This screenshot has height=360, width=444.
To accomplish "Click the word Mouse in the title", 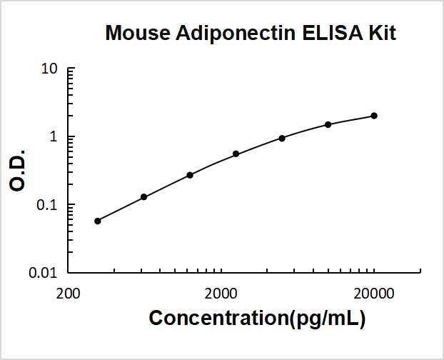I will (x=137, y=33).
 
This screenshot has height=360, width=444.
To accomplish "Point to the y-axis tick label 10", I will (x=49, y=69).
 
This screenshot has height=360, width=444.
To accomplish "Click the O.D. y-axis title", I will (x=19, y=170).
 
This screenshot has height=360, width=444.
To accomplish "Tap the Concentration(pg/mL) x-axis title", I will (x=257, y=319).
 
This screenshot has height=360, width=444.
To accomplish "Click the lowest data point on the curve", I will (x=98, y=221).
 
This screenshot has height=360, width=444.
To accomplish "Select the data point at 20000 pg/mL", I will (x=374, y=116).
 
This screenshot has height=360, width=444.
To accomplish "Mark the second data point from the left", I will (x=143, y=196).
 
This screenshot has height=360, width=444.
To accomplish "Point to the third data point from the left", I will (x=190, y=175).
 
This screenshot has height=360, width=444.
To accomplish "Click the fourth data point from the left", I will (x=236, y=154).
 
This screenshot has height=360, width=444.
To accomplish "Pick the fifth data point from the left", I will (x=282, y=138).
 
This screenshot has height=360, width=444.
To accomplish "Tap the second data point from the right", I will (x=328, y=124).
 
